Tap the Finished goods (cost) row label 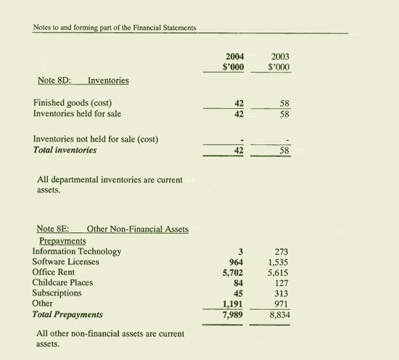pos(72,102)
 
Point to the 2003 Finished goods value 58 pos(284,103)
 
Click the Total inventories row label pos(65,150)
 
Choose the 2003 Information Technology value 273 pos(281,252)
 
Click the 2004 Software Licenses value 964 pos(235,263)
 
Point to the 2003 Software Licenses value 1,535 pos(278,263)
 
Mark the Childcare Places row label pos(62,283)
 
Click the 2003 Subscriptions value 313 pos(281,294)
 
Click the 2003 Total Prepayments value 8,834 pos(278,315)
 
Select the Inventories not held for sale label pos(96,139)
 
